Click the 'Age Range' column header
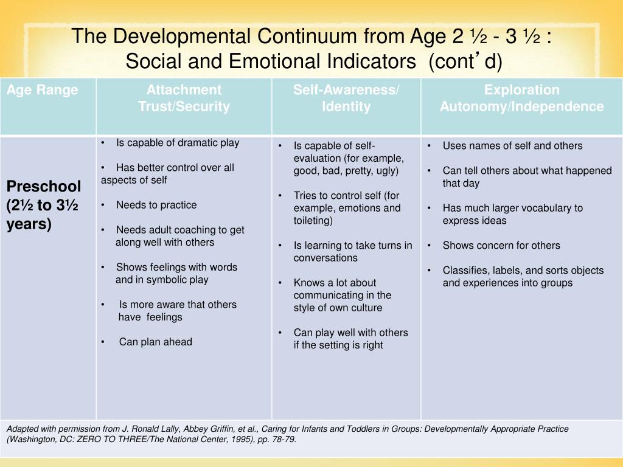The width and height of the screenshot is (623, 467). (x=43, y=91)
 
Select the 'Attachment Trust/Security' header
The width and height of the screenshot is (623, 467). (x=184, y=99)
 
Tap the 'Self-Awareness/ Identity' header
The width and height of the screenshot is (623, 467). (x=346, y=99)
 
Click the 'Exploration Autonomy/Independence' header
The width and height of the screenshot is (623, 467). (x=521, y=99)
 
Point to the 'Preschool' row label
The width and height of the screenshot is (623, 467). (x=44, y=185)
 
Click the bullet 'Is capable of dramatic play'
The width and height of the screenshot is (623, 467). (x=178, y=143)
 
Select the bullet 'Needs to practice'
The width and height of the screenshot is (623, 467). (x=156, y=205)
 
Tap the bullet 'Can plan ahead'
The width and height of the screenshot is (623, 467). (x=155, y=342)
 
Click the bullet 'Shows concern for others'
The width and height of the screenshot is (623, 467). (x=501, y=246)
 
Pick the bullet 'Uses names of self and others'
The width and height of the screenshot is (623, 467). (x=512, y=146)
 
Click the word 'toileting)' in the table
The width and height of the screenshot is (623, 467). (x=313, y=221)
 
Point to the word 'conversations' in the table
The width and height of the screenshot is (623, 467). (x=325, y=258)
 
